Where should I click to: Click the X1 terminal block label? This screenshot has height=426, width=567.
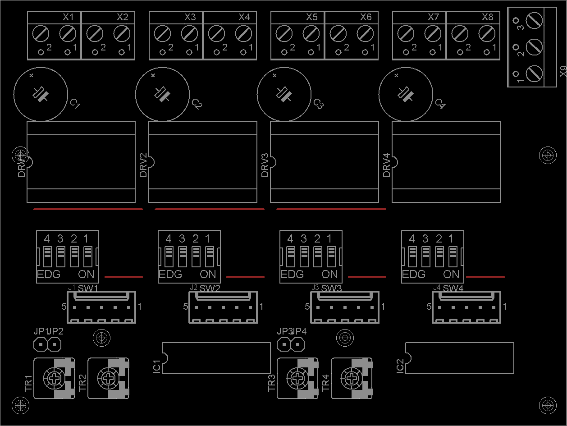coord(68,17)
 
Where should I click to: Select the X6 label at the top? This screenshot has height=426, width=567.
coord(366,17)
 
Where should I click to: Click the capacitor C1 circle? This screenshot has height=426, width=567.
coord(41,94)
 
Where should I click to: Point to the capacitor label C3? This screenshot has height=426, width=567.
coord(318,104)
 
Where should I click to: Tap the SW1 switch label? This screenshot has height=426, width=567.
coord(88,288)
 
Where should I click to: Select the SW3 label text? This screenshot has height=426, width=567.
coord(331,288)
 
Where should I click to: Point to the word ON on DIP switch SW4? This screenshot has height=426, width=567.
coord(451,274)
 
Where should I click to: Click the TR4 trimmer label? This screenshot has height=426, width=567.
coord(326,383)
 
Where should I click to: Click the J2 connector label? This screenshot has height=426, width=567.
coord(194,287)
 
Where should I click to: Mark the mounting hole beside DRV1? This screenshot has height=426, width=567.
coord(20,155)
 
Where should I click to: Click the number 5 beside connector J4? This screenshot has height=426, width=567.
coord(429,307)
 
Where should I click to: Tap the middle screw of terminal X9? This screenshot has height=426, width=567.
coord(535,46)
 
